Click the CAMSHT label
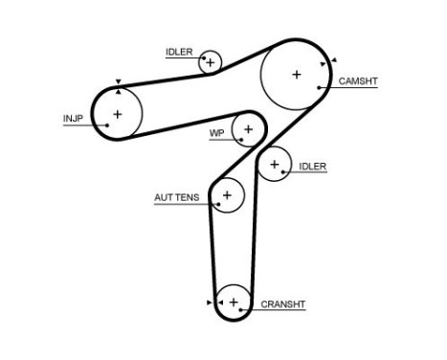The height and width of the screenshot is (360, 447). [358, 81]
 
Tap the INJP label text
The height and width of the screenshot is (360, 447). [74, 120]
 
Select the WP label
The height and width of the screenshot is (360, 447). [216, 133]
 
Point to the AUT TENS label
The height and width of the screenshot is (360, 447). [177, 198]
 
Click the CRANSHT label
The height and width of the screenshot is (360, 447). [282, 305]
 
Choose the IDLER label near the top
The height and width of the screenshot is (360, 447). [178, 52]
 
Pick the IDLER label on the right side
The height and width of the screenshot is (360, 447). [313, 167]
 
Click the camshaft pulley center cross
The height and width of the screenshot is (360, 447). [297, 74]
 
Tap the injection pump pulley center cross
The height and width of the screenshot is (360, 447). [117, 114]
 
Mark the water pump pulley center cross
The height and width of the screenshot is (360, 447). [248, 127]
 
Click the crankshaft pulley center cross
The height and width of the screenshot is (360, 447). [233, 303]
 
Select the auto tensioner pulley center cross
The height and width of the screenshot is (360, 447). [227, 196]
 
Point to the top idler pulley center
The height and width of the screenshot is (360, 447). [210, 63]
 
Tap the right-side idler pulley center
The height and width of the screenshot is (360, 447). [275, 165]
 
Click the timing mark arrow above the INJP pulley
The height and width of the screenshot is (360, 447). [117, 82]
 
